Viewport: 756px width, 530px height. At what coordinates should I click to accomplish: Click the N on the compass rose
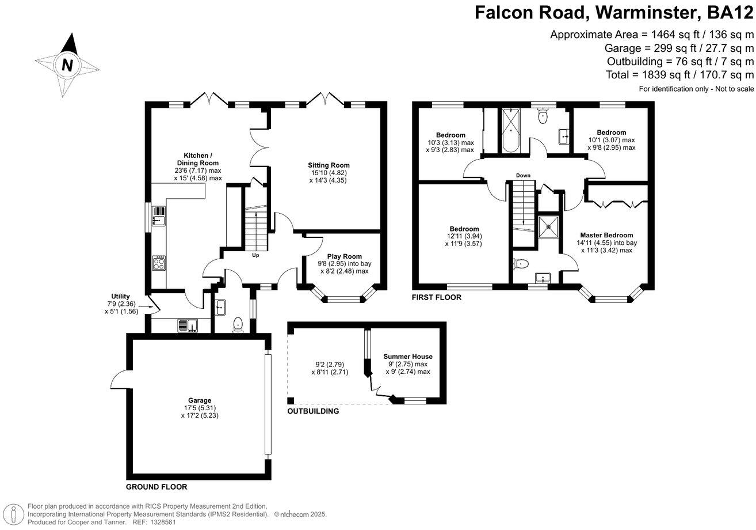tap(67, 65)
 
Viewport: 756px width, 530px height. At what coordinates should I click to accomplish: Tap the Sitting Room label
tap(329, 165)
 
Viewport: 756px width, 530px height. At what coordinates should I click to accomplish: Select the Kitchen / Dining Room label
tap(198, 159)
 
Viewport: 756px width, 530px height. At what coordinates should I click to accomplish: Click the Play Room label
tap(345, 256)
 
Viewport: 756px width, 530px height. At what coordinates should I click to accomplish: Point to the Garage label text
tap(199, 400)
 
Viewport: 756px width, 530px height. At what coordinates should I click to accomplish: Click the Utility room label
tap(120, 296)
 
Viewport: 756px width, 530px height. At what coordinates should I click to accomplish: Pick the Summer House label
tap(408, 357)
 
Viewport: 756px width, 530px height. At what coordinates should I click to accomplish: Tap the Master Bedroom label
tap(606, 235)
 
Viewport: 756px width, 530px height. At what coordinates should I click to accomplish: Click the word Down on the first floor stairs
tap(523, 175)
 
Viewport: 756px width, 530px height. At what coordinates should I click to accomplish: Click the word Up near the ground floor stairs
tap(255, 255)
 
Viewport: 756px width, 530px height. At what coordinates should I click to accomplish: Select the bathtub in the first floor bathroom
tap(511, 130)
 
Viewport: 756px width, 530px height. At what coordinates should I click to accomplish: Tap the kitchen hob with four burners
tap(159, 263)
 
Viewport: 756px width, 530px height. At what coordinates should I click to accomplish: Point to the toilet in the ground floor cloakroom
tap(239, 326)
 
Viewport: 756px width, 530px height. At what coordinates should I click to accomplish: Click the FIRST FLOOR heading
tap(436, 298)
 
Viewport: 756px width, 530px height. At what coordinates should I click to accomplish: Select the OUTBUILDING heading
tap(313, 411)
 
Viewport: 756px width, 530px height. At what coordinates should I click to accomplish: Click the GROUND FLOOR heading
tap(156, 487)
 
